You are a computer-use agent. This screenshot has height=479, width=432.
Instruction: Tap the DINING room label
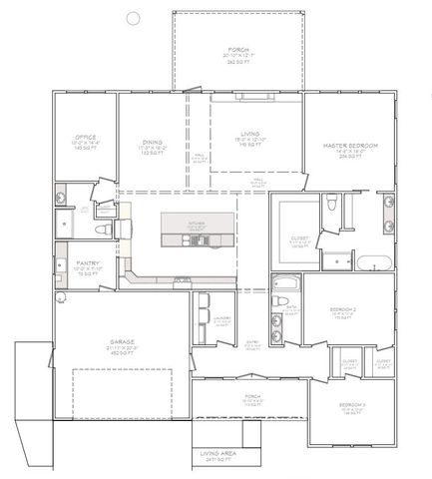(153, 142)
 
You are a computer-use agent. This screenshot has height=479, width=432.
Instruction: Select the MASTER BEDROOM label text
(349, 146)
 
